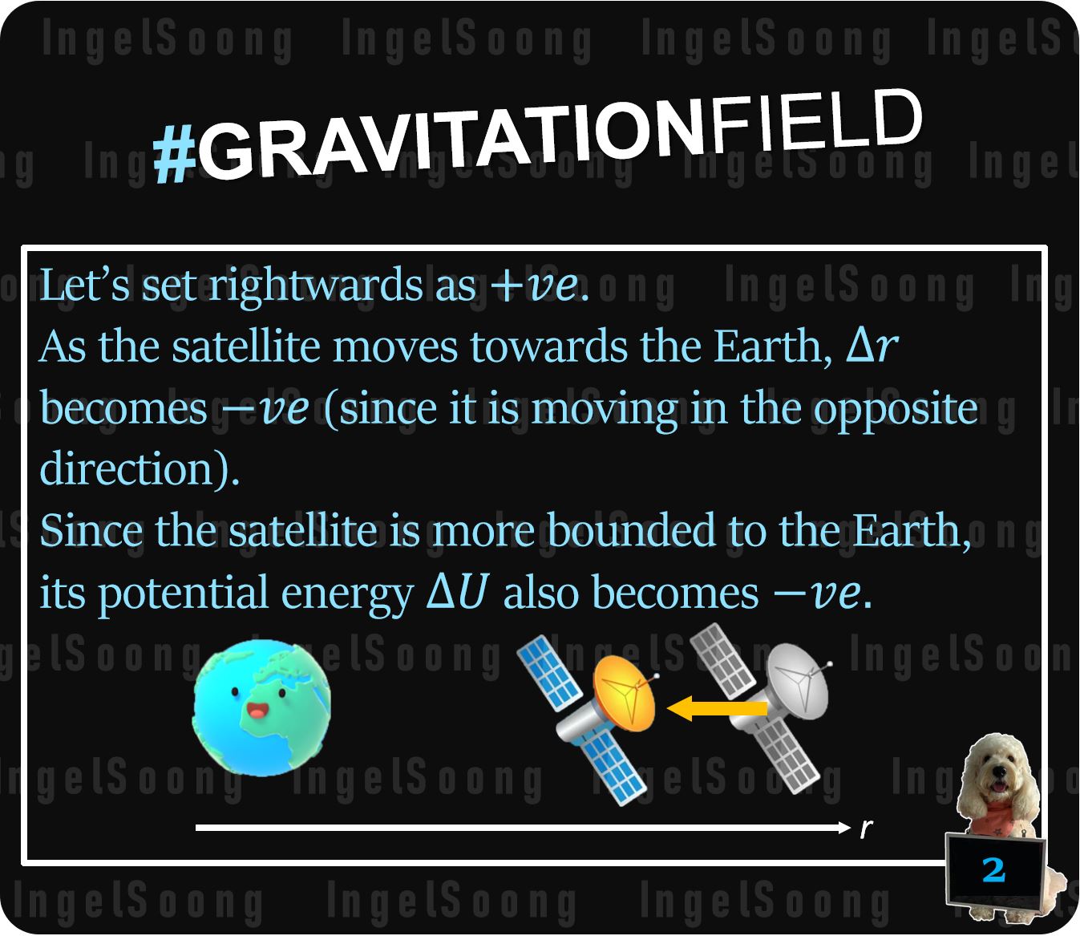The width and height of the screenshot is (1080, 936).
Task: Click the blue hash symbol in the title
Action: point(175,155)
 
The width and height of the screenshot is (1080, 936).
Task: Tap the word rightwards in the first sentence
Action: point(316,286)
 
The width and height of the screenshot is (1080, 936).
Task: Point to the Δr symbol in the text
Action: point(872,346)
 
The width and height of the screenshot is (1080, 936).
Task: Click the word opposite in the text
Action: point(896,410)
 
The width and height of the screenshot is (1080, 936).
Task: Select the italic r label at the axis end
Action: point(866,828)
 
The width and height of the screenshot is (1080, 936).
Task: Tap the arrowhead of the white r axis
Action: point(843,827)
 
